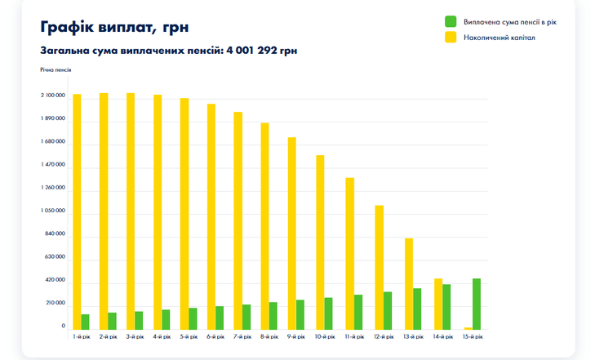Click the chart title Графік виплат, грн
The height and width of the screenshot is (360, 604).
click(x=114, y=28)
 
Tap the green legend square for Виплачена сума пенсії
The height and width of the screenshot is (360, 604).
click(x=451, y=20)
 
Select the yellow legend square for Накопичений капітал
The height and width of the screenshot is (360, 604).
click(x=451, y=38)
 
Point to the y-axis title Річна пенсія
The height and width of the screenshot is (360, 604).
click(x=56, y=70)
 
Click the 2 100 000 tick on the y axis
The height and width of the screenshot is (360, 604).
click(x=53, y=96)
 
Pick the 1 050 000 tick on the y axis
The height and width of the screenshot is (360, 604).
click(x=53, y=211)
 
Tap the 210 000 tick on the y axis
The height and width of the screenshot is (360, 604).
click(x=55, y=304)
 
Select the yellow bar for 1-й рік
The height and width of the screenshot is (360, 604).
click(x=77, y=212)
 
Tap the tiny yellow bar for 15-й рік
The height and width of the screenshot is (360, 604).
click(x=468, y=328)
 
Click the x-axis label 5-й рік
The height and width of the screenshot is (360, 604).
click(x=188, y=336)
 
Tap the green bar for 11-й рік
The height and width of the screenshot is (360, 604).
click(x=358, y=312)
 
